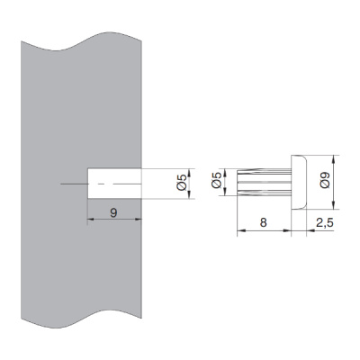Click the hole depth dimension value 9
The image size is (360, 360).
click(113, 212)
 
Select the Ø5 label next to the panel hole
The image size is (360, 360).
click(182, 183)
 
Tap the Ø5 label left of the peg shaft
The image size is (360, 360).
click(216, 180)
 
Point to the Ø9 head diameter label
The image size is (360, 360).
click(325, 180)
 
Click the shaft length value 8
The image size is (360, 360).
click(264, 222)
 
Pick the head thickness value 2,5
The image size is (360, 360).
click(325, 223)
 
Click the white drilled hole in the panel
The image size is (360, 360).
click(114, 183)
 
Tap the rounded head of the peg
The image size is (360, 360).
click(299, 182)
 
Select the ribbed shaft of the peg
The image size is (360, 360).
click(264, 183)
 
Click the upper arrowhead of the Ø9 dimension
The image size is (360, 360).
click(334, 158)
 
